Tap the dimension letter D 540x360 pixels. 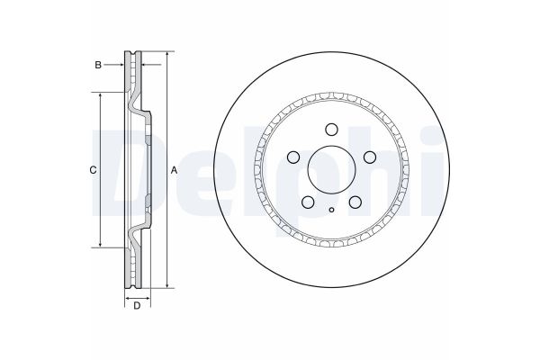pyautogui.click(x=137, y=307)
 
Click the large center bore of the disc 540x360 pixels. pyautogui.click(x=331, y=168)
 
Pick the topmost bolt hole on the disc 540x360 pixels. pyautogui.click(x=331, y=128)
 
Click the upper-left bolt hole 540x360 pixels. pyautogui.click(x=292, y=156)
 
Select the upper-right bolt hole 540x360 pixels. pyautogui.click(x=370, y=156)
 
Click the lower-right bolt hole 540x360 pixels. pyautogui.click(x=355, y=202)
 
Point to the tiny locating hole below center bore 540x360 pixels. pyautogui.click(x=331, y=211)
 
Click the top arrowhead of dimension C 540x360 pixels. pyautogui.click(x=99, y=94)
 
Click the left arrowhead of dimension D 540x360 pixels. pyautogui.click(x=126, y=296)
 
